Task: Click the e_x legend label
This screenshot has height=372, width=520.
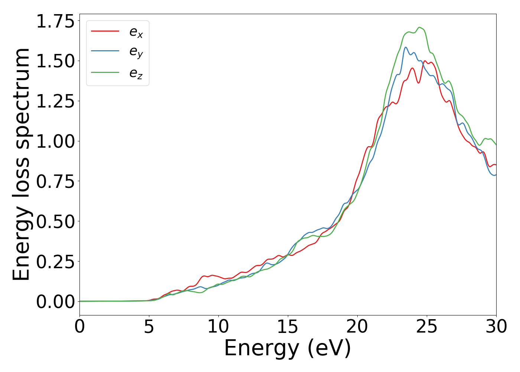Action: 136,32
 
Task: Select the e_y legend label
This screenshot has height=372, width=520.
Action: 136,52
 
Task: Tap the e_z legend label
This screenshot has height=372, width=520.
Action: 136,73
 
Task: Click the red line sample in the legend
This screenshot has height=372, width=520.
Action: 105,31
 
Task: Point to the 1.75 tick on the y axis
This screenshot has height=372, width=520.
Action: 55,21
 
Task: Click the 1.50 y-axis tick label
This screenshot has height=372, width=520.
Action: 55,61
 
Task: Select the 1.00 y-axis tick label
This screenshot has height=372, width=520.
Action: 55,141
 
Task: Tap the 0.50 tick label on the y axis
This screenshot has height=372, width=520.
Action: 55,222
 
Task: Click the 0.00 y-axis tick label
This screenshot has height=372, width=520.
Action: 55,302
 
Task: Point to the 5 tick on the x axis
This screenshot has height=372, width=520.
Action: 149,327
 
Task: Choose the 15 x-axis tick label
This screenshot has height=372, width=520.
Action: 288,327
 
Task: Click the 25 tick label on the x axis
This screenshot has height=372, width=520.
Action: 427,327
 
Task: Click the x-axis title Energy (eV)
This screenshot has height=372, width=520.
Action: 287,349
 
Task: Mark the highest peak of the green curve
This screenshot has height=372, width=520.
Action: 419,27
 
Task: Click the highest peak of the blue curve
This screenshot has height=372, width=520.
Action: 406,47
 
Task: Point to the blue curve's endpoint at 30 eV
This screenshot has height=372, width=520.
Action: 496,174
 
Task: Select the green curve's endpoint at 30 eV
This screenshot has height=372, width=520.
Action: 496,145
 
